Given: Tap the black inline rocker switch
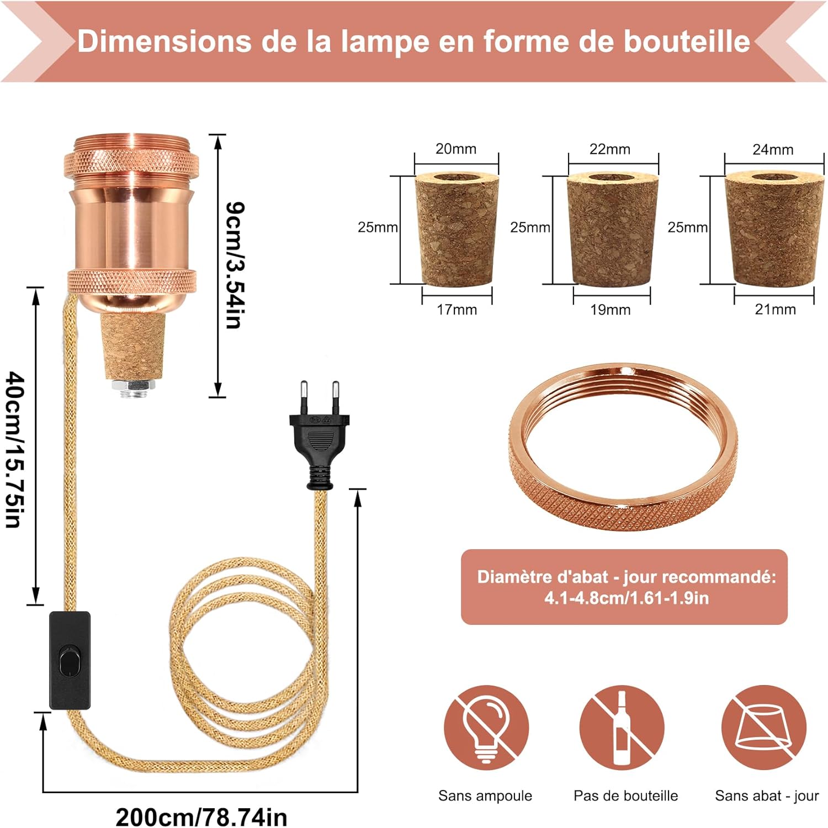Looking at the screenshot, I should click(70, 660).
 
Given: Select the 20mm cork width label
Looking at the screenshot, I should click(455, 149).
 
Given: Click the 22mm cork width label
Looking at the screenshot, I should click(609, 150).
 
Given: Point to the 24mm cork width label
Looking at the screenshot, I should click(773, 150).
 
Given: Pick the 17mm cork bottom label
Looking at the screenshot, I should click(457, 310).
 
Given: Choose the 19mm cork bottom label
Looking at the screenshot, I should click(610, 310).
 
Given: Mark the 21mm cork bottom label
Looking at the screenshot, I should click(775, 310).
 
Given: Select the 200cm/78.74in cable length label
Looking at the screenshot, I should click(201, 816).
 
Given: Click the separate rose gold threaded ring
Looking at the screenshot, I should click(623, 447).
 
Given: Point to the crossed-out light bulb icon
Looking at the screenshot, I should click(486, 728).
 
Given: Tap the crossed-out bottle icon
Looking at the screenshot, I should click(622, 728).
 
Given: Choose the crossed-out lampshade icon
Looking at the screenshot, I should click(763, 728).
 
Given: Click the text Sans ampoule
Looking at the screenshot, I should click(485, 795).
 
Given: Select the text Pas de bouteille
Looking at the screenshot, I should click(625, 795).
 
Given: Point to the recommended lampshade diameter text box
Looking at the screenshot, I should click(624, 587).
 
